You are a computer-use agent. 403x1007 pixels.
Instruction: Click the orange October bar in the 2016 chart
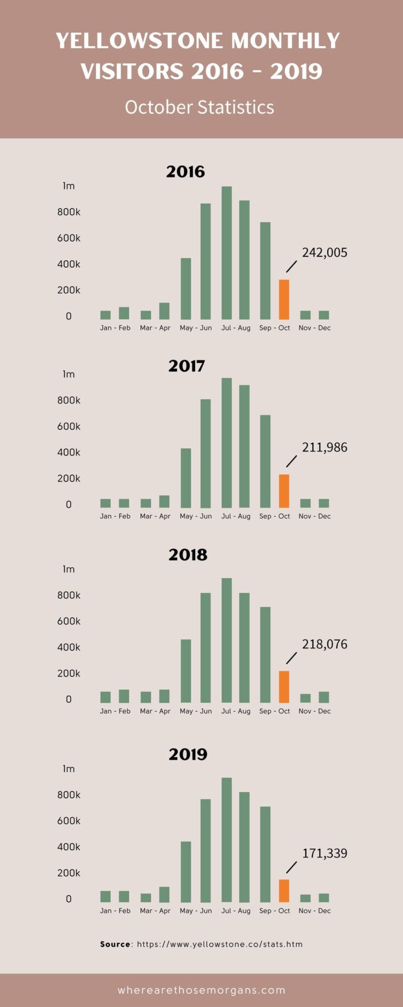(x=284, y=300)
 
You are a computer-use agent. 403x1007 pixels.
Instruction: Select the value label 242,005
(x=325, y=253)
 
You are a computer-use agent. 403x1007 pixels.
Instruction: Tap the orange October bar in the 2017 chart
(x=284, y=491)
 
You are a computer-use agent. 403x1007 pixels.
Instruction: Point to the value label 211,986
(x=325, y=447)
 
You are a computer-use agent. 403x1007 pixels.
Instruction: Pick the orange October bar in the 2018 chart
(x=284, y=686)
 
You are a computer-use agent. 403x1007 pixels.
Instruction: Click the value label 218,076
(x=325, y=644)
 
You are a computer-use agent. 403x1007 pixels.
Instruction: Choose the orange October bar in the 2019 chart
(x=284, y=890)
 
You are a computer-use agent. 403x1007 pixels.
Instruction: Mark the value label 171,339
(x=325, y=853)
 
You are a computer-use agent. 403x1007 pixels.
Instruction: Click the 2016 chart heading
(x=185, y=171)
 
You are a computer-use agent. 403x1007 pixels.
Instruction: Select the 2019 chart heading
(x=188, y=754)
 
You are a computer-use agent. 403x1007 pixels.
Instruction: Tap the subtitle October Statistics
(x=200, y=107)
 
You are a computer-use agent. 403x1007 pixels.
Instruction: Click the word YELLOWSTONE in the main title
(x=139, y=41)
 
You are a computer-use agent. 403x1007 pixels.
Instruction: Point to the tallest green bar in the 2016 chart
(x=226, y=253)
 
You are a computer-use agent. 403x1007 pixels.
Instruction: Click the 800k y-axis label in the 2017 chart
(x=69, y=400)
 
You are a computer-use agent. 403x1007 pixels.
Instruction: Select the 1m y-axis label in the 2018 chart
(x=69, y=569)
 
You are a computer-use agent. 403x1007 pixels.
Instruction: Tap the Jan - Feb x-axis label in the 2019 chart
(x=115, y=911)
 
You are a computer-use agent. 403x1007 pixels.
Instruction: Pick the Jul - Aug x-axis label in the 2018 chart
(x=236, y=711)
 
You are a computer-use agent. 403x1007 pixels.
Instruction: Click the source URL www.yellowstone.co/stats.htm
(x=219, y=944)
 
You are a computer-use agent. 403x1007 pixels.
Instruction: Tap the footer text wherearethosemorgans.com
(x=201, y=990)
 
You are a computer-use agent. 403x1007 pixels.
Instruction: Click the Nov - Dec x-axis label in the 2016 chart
(x=315, y=328)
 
